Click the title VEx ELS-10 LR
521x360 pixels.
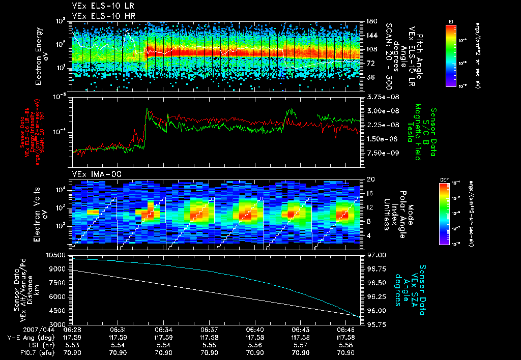(100, 6)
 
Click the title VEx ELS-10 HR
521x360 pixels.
(100, 15)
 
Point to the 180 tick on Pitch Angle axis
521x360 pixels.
(368, 21)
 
